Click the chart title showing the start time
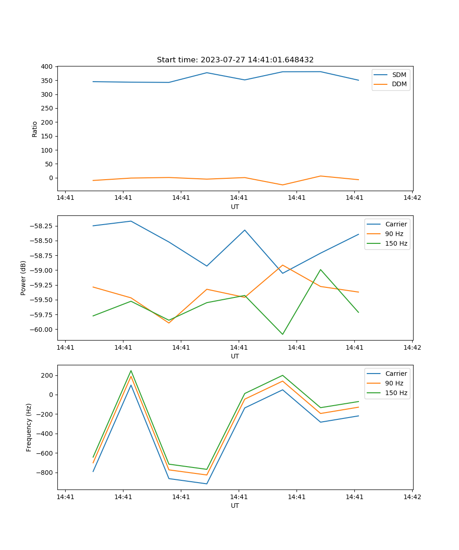(x=235, y=60)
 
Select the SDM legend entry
(x=399, y=75)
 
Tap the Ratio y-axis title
(x=35, y=129)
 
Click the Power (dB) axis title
(x=23, y=278)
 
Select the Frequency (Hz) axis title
(x=29, y=427)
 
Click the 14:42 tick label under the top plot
(x=412, y=198)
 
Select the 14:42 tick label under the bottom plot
(x=412, y=497)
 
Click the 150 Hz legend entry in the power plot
(x=396, y=244)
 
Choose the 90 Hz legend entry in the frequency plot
(x=394, y=383)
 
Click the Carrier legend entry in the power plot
(x=396, y=224)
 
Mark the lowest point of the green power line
(x=282, y=334)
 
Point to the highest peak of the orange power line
(x=282, y=265)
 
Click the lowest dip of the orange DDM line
(x=282, y=185)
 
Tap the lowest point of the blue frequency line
(x=207, y=484)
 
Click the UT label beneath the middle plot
(x=235, y=356)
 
